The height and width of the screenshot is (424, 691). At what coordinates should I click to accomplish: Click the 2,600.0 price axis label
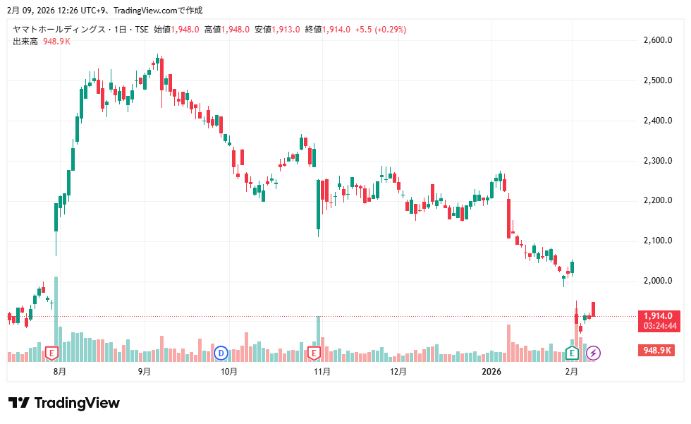[657, 40]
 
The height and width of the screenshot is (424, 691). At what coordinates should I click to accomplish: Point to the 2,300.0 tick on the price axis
[657, 161]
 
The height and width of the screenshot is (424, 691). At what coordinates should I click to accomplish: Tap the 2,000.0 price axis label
[657, 281]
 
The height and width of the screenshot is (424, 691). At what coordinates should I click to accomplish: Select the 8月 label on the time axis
[60, 371]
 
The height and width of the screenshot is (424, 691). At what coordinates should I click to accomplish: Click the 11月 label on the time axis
[322, 371]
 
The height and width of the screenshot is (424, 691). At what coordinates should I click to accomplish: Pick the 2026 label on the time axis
[491, 371]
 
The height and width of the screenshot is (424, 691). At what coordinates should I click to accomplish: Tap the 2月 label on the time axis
[572, 371]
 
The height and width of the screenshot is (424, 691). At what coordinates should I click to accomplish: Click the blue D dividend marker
[221, 352]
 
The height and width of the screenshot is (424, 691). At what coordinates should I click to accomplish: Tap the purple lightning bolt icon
[594, 352]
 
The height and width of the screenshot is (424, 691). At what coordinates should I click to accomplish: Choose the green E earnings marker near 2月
[573, 352]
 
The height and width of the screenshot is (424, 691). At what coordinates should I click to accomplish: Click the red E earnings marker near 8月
[51, 352]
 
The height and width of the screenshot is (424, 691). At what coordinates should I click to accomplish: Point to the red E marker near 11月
[314, 352]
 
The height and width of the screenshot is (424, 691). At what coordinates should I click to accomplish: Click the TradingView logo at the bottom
[64, 403]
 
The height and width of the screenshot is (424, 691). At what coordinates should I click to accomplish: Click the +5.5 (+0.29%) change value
[380, 30]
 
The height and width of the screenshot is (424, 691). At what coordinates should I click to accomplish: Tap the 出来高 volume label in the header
[25, 42]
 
